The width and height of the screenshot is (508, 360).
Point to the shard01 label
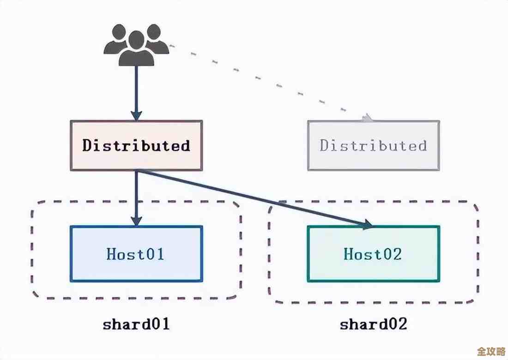136,324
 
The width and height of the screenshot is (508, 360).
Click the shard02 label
374,324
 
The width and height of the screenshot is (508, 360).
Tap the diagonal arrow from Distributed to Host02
254,198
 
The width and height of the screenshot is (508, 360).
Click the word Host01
136,254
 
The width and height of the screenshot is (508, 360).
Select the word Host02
373,254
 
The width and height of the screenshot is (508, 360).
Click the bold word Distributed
136,145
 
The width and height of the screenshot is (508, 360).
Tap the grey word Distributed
373,145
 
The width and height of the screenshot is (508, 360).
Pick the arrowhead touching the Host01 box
136,220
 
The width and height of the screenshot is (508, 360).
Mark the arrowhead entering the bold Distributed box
136,115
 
